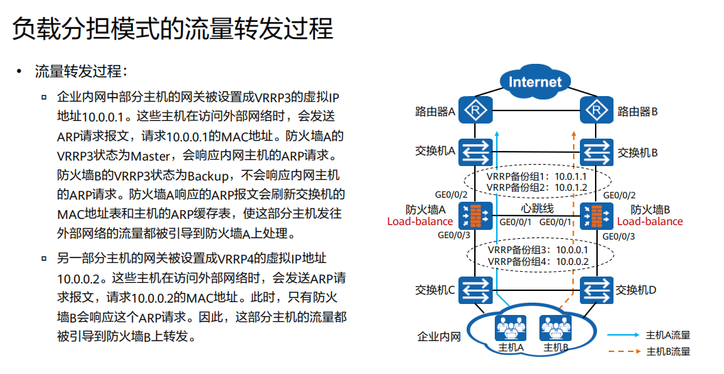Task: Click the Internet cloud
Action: pos(535,82)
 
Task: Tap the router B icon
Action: pos(597,110)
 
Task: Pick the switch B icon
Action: pos(597,151)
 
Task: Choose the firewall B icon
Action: pos(597,215)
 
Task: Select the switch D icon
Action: pos(597,289)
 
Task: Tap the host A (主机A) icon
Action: pos(511,329)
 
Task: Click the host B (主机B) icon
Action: pos(556,329)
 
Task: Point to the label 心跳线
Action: pos(535,207)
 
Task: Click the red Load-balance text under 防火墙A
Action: pos(420,221)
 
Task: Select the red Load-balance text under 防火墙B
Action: pos(650,221)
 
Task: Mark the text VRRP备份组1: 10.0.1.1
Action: pos(535,176)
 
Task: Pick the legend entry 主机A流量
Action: pos(668,335)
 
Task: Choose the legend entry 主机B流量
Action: pos(668,351)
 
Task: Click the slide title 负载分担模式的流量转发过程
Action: pos(173,29)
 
